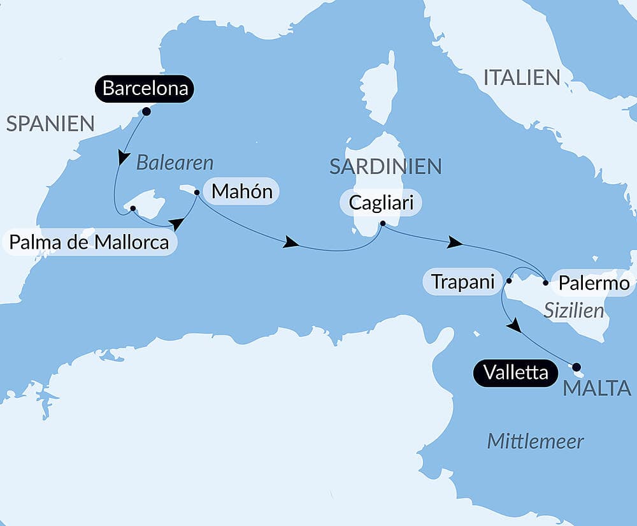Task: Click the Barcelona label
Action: coord(145,89)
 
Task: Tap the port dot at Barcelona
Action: coord(146,112)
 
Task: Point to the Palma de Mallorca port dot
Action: coord(132,208)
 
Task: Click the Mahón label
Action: coord(242,191)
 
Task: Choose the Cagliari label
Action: coord(382,203)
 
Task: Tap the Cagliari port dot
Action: coord(382,223)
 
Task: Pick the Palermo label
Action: coord(594,282)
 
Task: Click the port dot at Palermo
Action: coord(546,282)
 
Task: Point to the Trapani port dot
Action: coord(509,281)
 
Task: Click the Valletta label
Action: coord(515,372)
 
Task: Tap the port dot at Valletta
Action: coord(576,367)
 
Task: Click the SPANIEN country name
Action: coord(50,123)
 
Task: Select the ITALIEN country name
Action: coord(522,78)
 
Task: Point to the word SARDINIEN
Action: coord(385,166)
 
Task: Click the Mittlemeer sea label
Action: coord(535,441)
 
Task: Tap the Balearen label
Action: coord(175,163)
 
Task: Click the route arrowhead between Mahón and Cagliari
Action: coord(291,242)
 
